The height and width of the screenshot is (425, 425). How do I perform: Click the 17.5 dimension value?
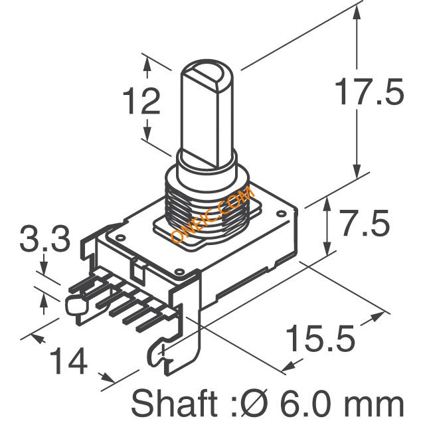(x=370, y=92)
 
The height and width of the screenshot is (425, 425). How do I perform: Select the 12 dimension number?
(x=141, y=100)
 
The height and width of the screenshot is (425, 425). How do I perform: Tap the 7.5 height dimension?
(x=365, y=223)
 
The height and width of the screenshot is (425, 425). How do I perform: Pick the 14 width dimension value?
(x=68, y=361)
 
